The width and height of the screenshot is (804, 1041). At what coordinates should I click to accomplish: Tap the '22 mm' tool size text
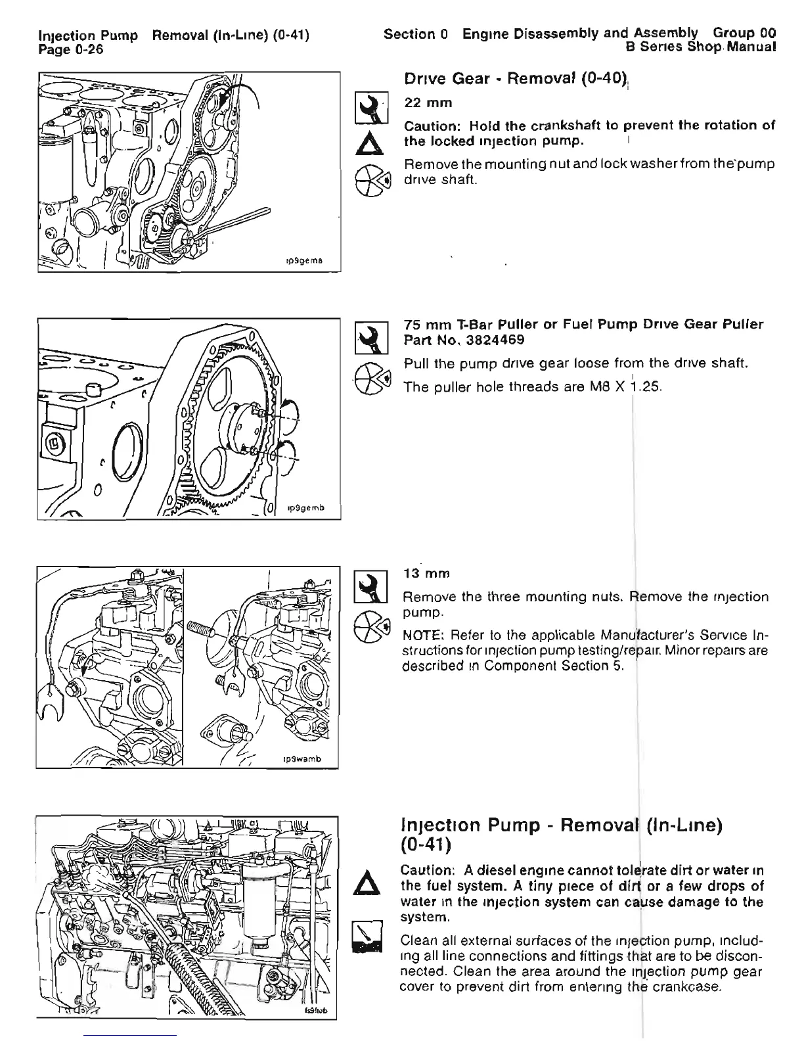pos(428,103)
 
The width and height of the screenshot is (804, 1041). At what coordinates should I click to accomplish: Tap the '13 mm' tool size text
pos(426,574)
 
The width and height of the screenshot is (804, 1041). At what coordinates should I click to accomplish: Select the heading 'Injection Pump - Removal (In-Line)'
pos(562,825)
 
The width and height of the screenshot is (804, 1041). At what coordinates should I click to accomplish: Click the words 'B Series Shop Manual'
pos(702,47)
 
